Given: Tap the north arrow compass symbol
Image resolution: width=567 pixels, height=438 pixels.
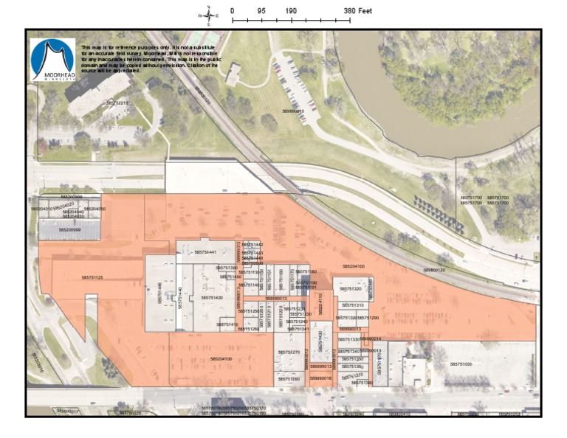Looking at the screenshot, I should point(208,14).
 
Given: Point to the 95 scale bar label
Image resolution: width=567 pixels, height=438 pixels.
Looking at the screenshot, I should point(261,11).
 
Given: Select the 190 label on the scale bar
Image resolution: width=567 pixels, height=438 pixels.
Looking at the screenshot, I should point(291,11).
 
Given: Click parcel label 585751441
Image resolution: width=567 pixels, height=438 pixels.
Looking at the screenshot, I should point(205,252).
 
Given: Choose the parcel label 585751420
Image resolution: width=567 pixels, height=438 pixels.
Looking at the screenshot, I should point(210,298).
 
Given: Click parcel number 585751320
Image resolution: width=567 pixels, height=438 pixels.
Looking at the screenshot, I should point(351,289).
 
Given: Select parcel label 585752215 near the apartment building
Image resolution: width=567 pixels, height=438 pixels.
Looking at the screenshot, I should point(117,103).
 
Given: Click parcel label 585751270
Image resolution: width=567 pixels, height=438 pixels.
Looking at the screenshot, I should point(289,352).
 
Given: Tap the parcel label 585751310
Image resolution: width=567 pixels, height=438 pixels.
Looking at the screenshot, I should point(351,305).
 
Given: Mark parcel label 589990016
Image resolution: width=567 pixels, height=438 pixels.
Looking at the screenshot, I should point(320,378).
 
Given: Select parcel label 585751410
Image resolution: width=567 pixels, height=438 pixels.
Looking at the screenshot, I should point(227,324).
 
